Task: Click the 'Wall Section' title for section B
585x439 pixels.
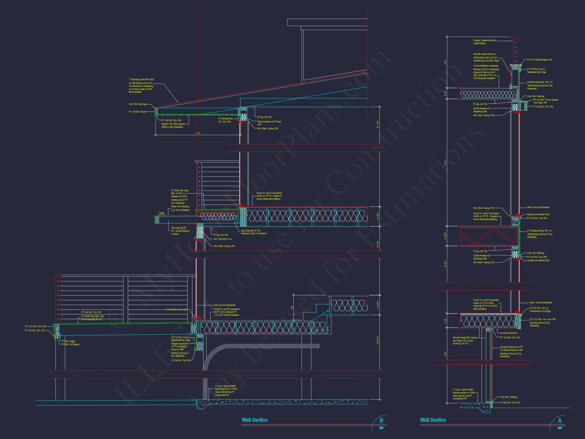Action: pos(254,420)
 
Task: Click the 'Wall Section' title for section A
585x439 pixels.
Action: pos(433,420)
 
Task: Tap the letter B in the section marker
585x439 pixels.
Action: pos(381,420)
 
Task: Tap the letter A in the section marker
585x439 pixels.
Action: pos(560,420)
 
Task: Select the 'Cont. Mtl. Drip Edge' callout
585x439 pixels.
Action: pos(138,104)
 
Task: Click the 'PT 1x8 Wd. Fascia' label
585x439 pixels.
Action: pos(137,112)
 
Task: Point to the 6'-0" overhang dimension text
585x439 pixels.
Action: pos(198,133)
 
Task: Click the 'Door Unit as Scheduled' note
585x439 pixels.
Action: pos(224,305)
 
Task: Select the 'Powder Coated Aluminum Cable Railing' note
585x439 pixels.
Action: pos(485,42)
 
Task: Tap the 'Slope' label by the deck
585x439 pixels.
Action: pos(161,213)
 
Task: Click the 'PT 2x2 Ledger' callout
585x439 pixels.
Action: pos(69,341)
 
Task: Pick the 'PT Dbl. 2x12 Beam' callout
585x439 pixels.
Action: pos(71,344)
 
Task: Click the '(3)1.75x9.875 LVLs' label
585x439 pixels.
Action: pos(223,239)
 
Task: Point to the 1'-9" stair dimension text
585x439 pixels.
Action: pos(292,307)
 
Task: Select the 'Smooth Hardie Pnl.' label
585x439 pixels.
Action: pos(509,333)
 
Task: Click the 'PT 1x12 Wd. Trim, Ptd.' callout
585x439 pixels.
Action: pos(36,326)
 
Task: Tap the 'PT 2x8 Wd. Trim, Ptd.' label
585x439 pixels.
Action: pos(543,107)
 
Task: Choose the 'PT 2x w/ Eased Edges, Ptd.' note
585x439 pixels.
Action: pos(540,60)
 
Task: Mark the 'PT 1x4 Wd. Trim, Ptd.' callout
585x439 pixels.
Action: pos(35,331)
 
